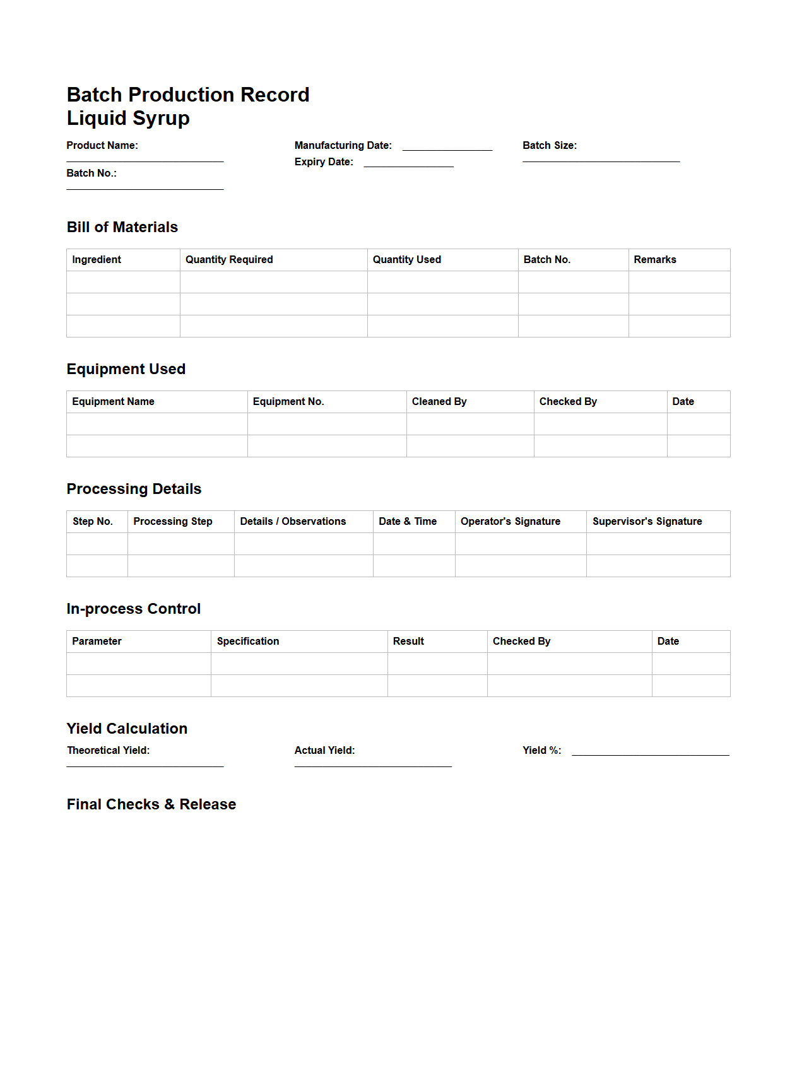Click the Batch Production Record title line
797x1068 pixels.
point(188,95)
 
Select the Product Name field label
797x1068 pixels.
point(102,146)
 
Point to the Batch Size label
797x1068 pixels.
point(549,146)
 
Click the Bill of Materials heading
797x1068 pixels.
point(122,227)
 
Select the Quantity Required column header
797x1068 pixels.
point(229,260)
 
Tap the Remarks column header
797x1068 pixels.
point(654,260)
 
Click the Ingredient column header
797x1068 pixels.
point(97,260)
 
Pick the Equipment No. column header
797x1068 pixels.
point(288,402)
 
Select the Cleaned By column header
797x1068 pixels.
point(439,402)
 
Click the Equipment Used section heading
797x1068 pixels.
point(126,369)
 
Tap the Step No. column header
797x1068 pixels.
point(93,522)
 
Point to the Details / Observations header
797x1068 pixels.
point(293,522)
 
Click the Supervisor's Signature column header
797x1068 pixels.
point(647,522)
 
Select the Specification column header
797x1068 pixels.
point(248,642)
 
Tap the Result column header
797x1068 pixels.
point(408,642)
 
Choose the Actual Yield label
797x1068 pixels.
point(324,751)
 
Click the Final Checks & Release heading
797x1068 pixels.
point(151,804)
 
